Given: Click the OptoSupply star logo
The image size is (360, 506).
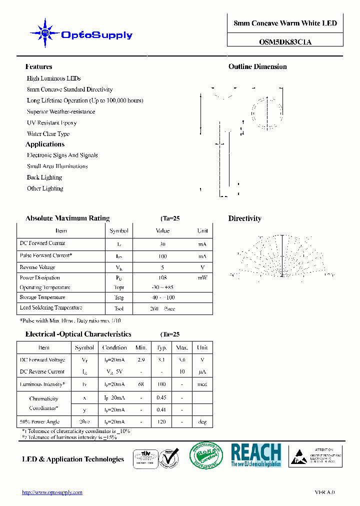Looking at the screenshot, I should tap(45, 33).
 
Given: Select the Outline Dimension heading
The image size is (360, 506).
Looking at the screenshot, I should tap(257, 66).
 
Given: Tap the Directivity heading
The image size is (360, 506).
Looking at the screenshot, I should tap(244, 218).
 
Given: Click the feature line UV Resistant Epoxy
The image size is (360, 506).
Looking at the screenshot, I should tap(51, 122).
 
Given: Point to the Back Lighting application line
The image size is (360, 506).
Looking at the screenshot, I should tap(44, 177).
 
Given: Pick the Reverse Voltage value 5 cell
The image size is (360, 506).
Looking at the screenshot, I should tap(162, 267).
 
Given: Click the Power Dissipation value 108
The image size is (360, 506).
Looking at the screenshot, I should tap(162, 277).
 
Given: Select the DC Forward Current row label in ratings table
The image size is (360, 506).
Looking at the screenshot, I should tap(42, 243).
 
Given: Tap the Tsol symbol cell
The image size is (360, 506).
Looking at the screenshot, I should tap(119, 308).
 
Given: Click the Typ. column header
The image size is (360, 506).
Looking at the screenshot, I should tap(162, 347).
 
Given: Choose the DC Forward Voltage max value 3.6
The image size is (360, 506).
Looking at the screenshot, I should tap(182, 359).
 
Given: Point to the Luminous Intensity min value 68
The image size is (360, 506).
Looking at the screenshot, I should tap(141, 384).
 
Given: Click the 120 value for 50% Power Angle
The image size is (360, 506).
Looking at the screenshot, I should tap(162, 422).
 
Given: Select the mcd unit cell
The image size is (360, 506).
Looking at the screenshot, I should tap(202, 384).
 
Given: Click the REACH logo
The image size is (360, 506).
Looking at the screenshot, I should tap(256, 455).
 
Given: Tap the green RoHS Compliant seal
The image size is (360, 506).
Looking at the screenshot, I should tap(206, 455).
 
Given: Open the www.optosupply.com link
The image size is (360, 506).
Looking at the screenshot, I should tap(52, 492).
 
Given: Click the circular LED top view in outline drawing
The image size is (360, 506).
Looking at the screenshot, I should tap(265, 112).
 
